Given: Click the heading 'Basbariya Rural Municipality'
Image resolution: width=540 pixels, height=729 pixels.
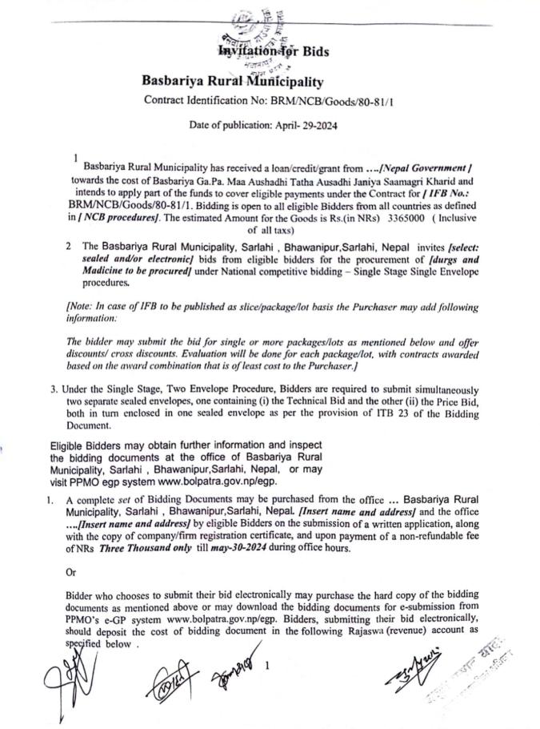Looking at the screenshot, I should click(232, 80).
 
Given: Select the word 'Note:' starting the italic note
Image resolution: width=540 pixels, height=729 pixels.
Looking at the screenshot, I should click(81, 307).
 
